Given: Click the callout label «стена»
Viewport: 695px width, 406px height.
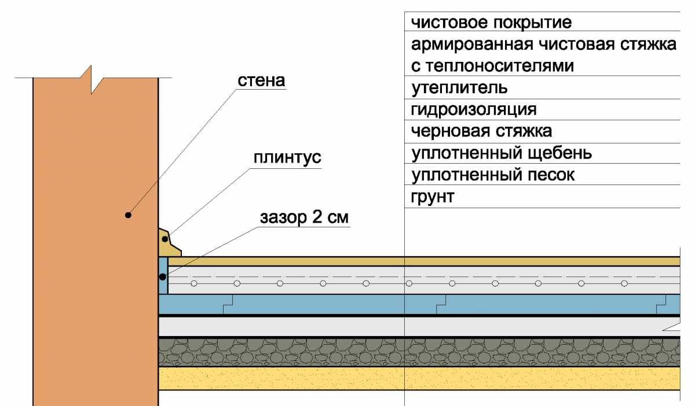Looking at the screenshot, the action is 261,80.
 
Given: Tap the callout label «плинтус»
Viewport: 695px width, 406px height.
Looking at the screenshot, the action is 287,157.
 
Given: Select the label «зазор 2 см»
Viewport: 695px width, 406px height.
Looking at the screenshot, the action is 305,217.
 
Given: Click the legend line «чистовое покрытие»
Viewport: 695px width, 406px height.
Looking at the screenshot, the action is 491,23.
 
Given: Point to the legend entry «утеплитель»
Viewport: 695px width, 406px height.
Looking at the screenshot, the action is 459,88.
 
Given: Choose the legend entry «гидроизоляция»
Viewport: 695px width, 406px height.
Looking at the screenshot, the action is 474,110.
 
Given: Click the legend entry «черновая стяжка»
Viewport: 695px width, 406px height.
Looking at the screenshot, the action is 481,131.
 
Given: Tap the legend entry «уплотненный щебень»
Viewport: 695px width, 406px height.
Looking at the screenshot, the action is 502,153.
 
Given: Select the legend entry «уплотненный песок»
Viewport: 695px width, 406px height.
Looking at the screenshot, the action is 493,175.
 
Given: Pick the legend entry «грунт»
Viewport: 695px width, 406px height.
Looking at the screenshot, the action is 433,197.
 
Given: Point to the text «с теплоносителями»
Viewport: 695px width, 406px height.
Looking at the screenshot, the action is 492,67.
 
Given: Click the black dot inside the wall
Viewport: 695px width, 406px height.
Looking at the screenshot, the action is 128,215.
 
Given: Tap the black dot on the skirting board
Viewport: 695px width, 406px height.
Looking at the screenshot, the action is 165,239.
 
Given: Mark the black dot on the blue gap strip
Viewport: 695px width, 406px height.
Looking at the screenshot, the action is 163,277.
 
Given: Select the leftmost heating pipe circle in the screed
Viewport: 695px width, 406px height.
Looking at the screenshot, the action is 194,283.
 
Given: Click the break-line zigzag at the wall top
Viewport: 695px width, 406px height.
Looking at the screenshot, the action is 92,79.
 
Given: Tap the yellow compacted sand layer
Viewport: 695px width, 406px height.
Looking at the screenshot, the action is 419,378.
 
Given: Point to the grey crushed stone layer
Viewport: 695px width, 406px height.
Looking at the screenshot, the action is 419,352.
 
